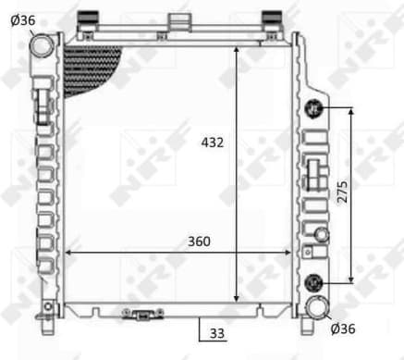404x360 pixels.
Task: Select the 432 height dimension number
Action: point(213,143)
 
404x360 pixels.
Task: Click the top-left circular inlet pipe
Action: point(43,45)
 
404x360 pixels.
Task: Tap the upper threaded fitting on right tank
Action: point(314,108)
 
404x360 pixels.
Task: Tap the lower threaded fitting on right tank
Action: point(314,282)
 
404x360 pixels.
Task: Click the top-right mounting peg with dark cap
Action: point(271,19)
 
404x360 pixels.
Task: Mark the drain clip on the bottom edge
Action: point(144,315)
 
